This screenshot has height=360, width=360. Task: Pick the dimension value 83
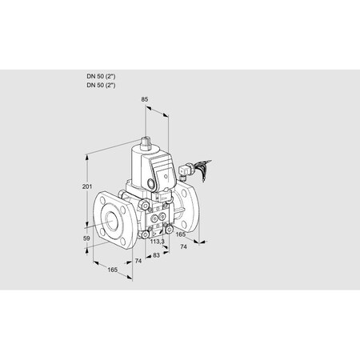point(155,256)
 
